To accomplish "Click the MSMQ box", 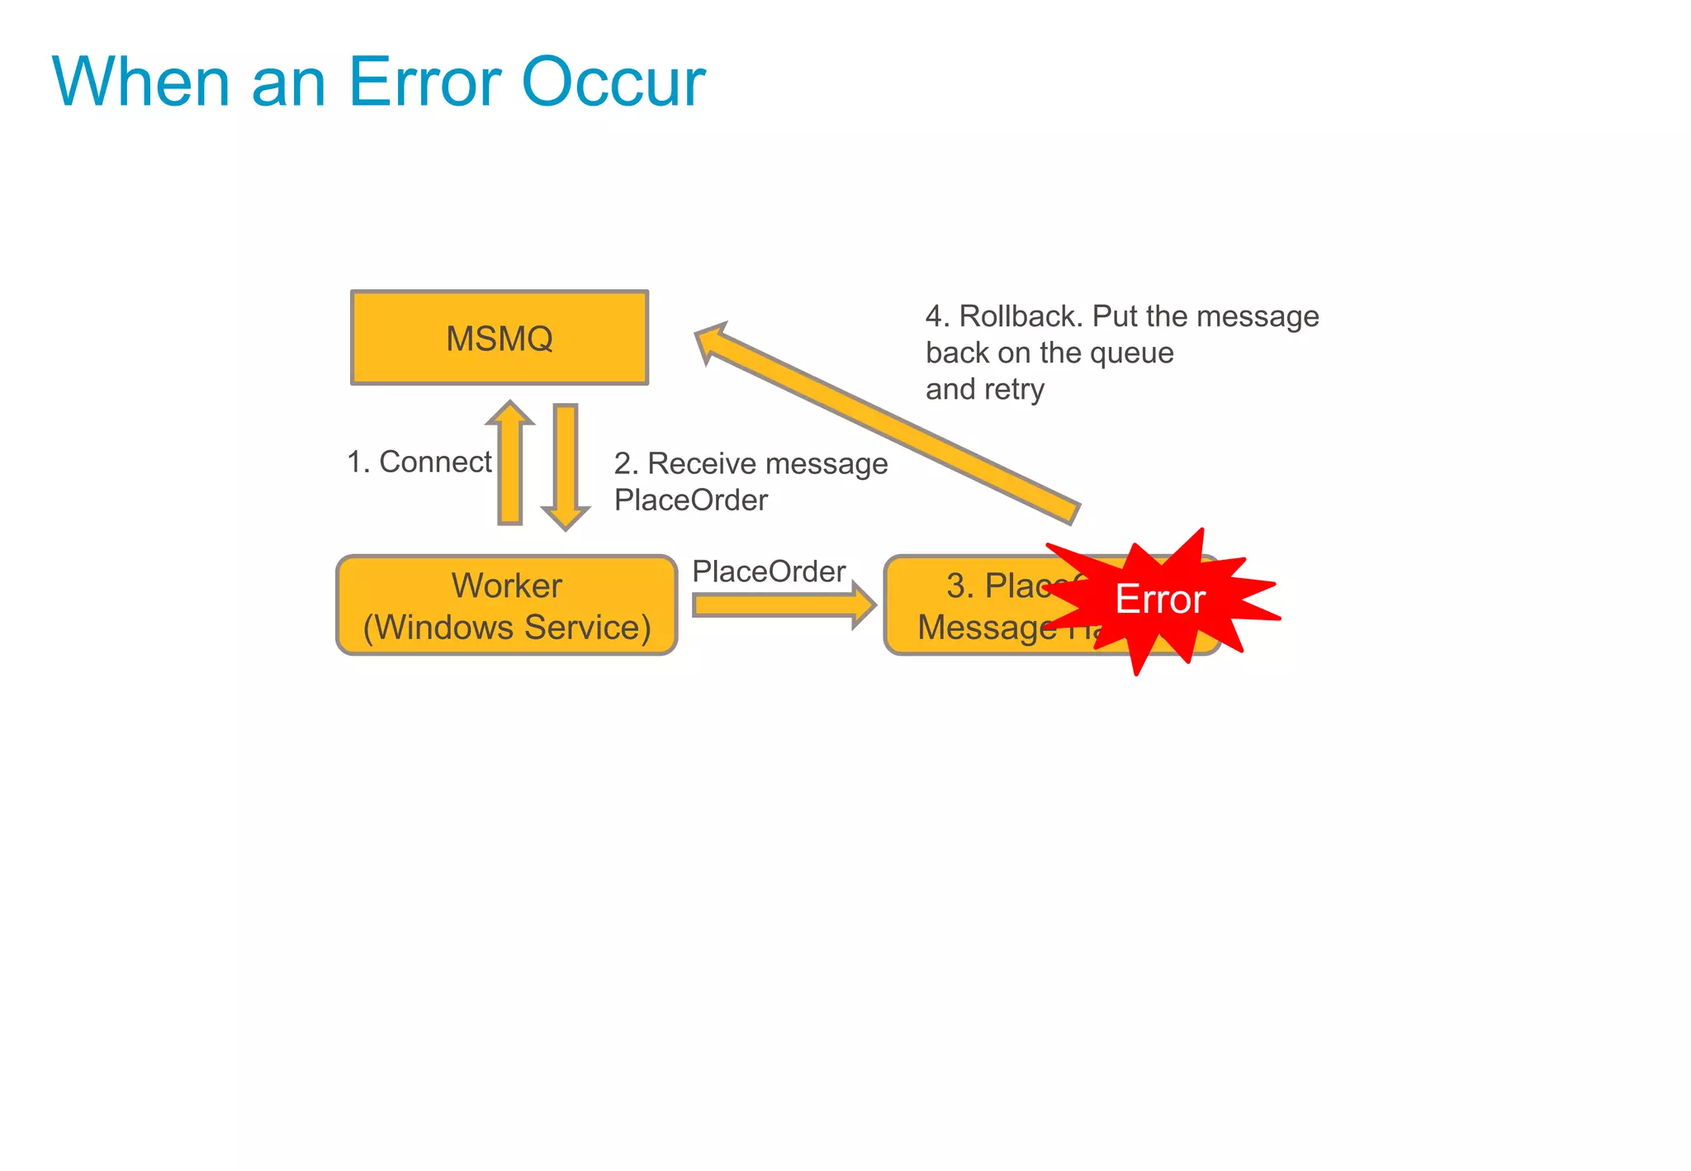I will click(x=500, y=338).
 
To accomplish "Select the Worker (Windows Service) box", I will click(x=506, y=605).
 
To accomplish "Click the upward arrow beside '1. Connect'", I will click(x=510, y=467).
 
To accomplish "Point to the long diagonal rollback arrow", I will click(x=888, y=423).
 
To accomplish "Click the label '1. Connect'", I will click(x=419, y=462).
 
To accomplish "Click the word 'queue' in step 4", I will click(x=1132, y=353).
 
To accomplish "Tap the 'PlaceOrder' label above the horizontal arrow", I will click(x=769, y=571).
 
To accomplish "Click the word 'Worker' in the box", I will click(x=506, y=585).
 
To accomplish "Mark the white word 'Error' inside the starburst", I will click(x=1160, y=599).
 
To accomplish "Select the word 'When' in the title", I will click(x=141, y=82).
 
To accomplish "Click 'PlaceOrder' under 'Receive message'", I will click(x=691, y=500).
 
